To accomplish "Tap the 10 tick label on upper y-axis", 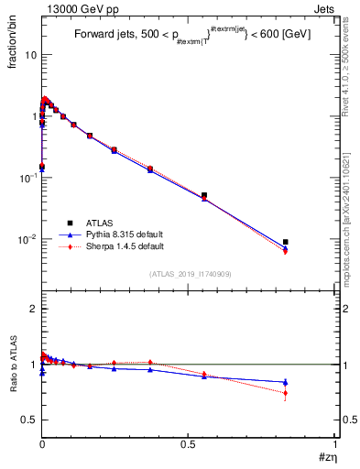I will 30,55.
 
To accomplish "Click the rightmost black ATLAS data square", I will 286,242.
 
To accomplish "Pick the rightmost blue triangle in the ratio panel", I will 286,382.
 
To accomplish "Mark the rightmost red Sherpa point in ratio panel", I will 286,393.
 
